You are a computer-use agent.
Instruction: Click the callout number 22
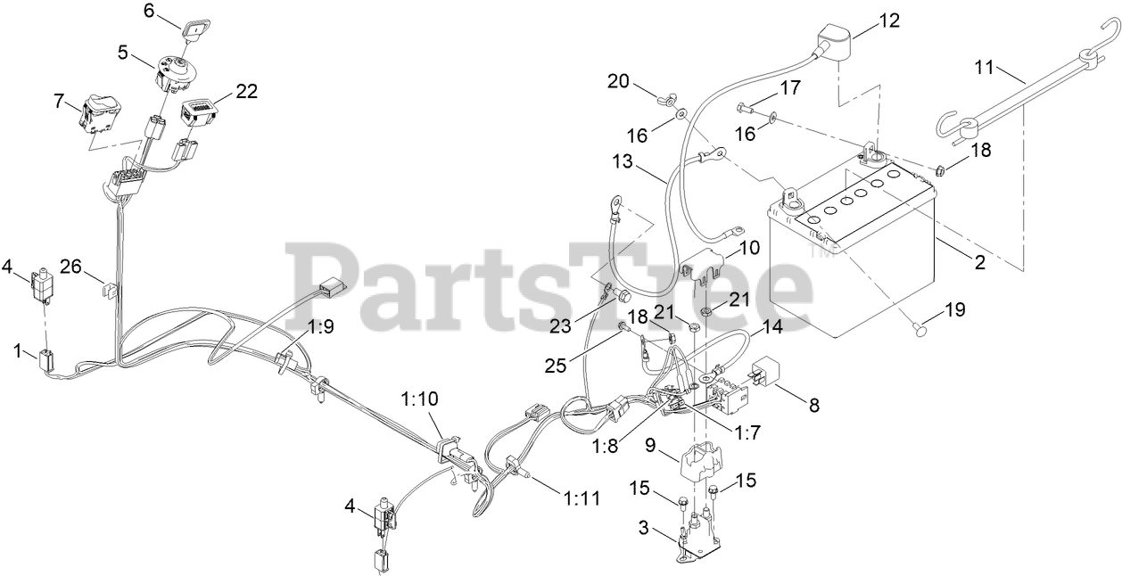click(x=247, y=92)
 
